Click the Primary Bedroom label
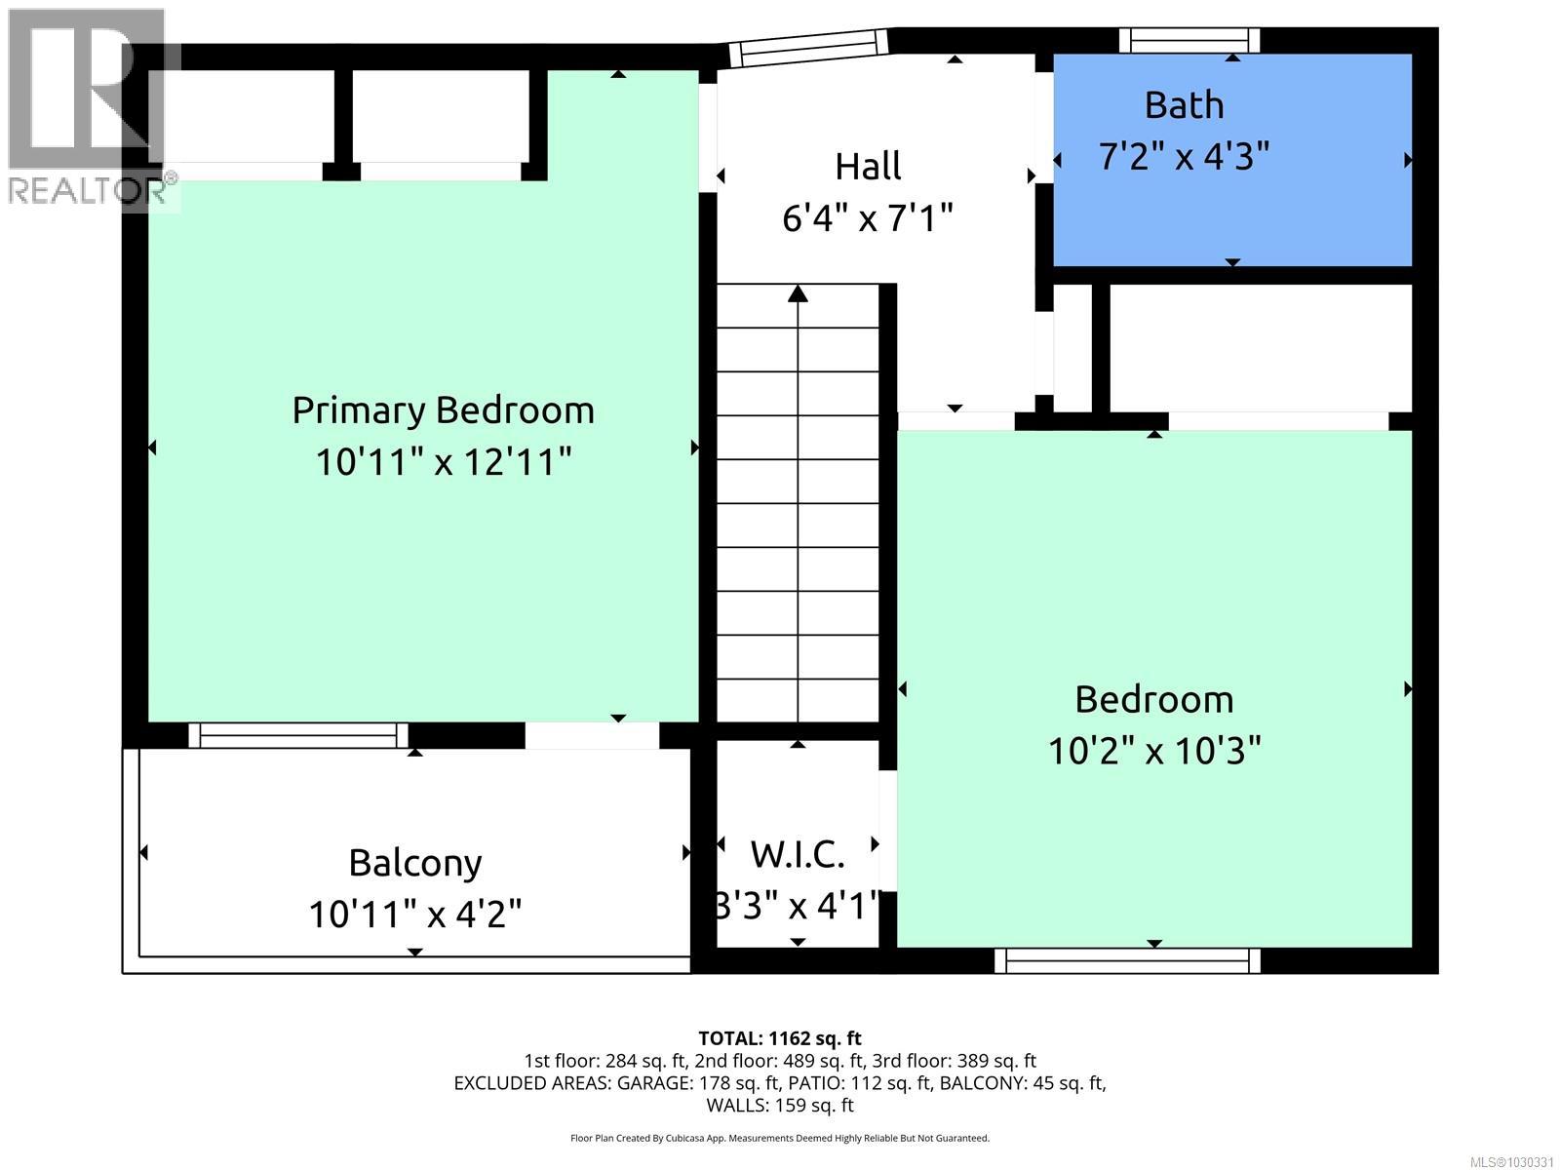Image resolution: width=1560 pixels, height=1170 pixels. pos(443,409)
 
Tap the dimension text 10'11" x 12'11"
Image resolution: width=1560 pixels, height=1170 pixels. pos(443,461)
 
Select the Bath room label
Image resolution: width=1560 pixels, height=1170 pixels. pos(1184,104)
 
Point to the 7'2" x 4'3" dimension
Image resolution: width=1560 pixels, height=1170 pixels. pos(1184,156)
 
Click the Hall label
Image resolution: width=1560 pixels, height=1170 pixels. pos(868,166)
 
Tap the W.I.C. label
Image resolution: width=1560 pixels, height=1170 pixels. pos(798,855)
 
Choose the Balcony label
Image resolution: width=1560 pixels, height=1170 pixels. pos(415,863)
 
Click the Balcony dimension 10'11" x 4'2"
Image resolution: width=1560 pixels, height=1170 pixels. pos(415,915)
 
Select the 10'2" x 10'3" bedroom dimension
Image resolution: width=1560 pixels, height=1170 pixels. pos(1154,751)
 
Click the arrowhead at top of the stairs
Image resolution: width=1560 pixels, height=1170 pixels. pos(799,292)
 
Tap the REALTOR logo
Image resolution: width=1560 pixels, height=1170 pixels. pos(90,107)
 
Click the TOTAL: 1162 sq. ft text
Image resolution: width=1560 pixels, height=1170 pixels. pos(779,1038)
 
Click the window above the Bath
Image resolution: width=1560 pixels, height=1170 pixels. pos(1189,40)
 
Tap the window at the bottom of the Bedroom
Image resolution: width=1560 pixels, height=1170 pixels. pos(1127,961)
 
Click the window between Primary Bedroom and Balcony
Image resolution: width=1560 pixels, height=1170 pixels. pos(298,736)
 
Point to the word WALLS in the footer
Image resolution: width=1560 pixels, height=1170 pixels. pos(736,1105)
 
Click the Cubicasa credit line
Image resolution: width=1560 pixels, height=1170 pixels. pos(779,1138)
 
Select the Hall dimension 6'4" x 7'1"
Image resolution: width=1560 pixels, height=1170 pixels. pos(868,217)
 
